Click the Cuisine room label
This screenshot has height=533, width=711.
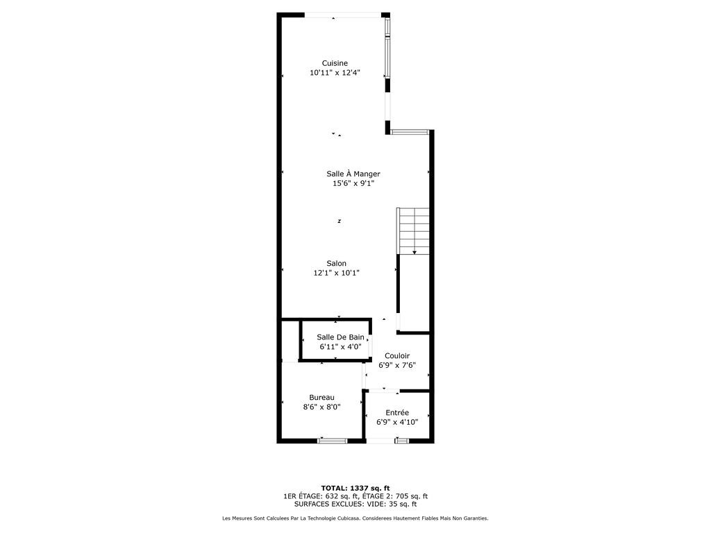pyautogui.click(x=335, y=63)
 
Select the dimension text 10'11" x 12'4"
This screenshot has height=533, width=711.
pyautogui.click(x=335, y=72)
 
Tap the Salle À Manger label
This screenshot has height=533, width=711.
pyautogui.click(x=353, y=174)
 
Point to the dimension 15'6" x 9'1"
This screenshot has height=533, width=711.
pyautogui.click(x=353, y=183)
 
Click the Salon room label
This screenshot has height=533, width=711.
pyautogui.click(x=337, y=263)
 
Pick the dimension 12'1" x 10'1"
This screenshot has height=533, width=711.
pyautogui.click(x=337, y=273)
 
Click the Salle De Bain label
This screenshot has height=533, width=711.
pyautogui.click(x=340, y=337)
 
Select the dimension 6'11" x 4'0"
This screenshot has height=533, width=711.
pyautogui.click(x=340, y=347)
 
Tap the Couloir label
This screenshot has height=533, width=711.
pyautogui.click(x=397, y=356)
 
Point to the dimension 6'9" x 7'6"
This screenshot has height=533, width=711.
pyautogui.click(x=397, y=365)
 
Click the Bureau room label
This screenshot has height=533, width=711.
pyautogui.click(x=322, y=398)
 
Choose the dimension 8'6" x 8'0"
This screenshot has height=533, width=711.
pyautogui.click(x=322, y=407)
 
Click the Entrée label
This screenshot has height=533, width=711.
pyautogui.click(x=397, y=412)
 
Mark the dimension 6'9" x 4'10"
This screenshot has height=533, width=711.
pyautogui.click(x=397, y=422)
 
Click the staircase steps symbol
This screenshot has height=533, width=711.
pyautogui.click(x=413, y=230)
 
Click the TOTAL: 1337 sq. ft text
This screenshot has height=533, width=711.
pyautogui.click(x=355, y=488)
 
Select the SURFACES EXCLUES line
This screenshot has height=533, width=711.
pyautogui.click(x=355, y=504)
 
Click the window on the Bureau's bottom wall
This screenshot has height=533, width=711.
pyautogui.click(x=333, y=440)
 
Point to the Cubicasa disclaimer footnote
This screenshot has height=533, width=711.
pyautogui.click(x=355, y=518)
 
